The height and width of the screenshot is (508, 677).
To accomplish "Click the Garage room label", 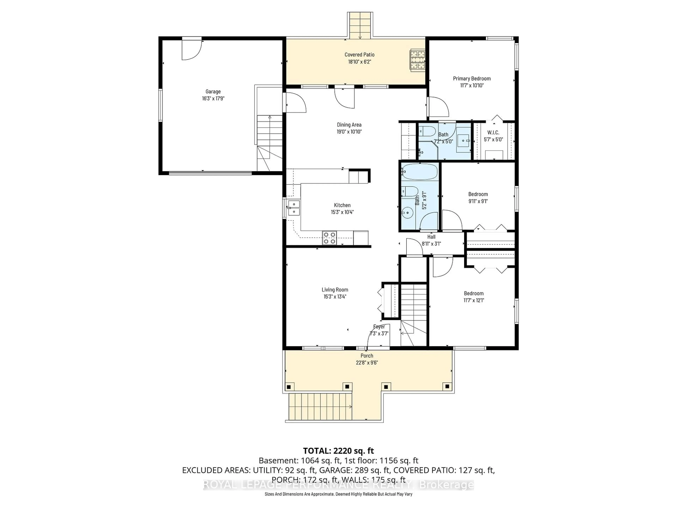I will click(213, 91).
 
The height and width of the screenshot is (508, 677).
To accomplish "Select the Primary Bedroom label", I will click(472, 78).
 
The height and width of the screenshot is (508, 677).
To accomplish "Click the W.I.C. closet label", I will click(493, 132).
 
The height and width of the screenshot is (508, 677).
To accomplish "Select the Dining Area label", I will click(349, 125).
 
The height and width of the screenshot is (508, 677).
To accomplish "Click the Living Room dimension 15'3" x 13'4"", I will click(335, 296).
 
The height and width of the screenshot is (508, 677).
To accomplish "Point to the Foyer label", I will click(379, 327).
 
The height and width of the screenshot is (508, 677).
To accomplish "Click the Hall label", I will click(431, 237).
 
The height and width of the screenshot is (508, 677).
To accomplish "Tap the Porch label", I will click(367, 355).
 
